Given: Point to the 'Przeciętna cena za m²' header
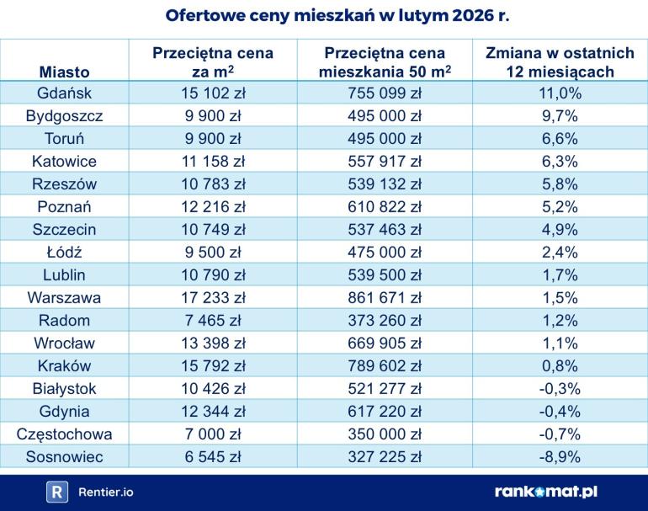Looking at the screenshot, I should tap(213, 62).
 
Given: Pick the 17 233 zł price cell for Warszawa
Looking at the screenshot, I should tap(213, 297).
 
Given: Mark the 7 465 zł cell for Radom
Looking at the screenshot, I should tap(213, 320).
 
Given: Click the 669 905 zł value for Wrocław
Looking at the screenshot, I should tap(384, 343).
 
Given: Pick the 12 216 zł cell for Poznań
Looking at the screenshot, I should tap(213, 206).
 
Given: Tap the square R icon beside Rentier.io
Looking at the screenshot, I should tap(56, 492).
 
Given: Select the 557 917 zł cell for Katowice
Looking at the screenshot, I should tap(384, 162).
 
